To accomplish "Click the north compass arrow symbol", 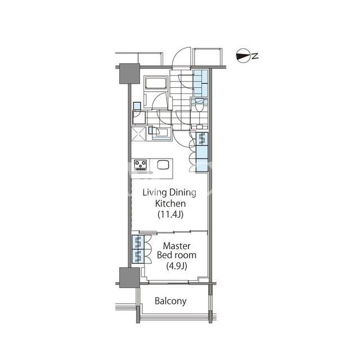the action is click(243, 56).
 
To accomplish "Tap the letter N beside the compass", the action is click(255, 56).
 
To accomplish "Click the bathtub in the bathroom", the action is click(155, 83).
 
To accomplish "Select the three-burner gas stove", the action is click(141, 165).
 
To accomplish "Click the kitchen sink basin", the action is click(163, 165).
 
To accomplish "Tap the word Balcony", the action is click(170, 301).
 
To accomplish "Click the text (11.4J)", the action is click(170, 214).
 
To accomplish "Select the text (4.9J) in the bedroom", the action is click(177, 266).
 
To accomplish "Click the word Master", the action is click(177, 246).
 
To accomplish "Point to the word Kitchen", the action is click(170, 204).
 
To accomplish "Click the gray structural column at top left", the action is click(129, 74).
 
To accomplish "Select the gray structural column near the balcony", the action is click(129, 277).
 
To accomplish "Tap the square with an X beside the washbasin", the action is click(138, 134).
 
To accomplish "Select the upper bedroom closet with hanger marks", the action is click(138, 242).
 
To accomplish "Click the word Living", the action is click(155, 193).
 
